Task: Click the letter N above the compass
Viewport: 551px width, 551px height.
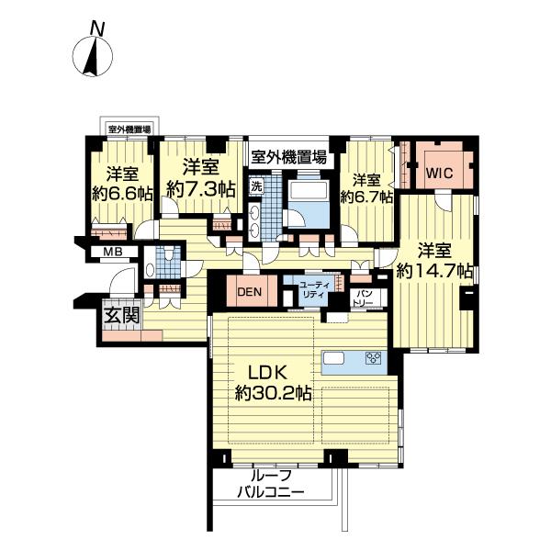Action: tap(97, 28)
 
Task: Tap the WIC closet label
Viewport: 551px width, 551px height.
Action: tap(439, 174)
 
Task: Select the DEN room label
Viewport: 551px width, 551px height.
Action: tap(250, 292)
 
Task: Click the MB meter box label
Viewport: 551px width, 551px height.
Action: tap(113, 252)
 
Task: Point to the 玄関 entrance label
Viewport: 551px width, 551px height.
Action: tap(122, 315)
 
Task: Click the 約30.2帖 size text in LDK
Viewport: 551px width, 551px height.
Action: tap(274, 394)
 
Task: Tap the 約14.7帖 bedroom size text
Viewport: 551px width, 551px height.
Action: tap(434, 271)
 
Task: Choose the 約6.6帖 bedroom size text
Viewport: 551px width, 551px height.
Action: tap(123, 194)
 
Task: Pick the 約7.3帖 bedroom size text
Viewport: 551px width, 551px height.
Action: tap(200, 190)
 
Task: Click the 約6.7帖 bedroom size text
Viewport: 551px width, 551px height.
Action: tap(366, 197)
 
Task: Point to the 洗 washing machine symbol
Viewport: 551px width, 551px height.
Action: tap(256, 186)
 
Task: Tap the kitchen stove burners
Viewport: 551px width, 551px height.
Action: tap(374, 358)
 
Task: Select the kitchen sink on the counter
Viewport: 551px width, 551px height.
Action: tap(334, 358)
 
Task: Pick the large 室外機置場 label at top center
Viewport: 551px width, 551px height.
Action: tap(288, 157)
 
